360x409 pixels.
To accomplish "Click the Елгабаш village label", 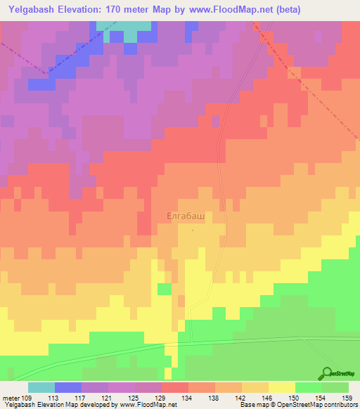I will click(186, 217).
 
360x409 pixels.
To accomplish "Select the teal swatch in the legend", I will click(41, 387).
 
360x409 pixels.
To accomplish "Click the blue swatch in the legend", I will click(67, 387).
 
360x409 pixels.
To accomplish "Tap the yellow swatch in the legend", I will click(281, 387).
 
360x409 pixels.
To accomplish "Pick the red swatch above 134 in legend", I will click(174, 387).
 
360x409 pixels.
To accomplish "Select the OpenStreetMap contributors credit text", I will click(299, 405).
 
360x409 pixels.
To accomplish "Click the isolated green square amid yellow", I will click(164, 289).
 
